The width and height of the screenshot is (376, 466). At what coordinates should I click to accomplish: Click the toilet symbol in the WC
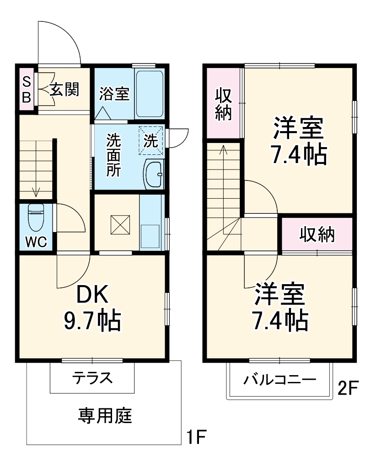point(35,218)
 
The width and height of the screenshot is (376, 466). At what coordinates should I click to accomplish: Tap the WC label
point(36,242)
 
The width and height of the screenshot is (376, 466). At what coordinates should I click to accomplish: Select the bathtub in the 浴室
point(150,94)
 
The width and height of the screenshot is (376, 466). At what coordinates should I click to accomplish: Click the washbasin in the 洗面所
point(153,174)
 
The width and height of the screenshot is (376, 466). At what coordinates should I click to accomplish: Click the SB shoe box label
point(27,90)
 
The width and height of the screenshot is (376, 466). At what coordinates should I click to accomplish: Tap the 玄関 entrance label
point(64,90)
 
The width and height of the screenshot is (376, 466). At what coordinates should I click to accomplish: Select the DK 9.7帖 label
point(92,308)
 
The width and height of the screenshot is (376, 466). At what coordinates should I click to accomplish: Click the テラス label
point(92,378)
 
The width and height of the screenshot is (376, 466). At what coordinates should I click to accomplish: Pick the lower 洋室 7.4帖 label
point(279,307)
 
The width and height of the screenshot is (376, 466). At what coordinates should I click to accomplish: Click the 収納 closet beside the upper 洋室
point(223,104)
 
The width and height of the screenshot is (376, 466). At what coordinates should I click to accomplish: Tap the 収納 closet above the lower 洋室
point(317,235)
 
